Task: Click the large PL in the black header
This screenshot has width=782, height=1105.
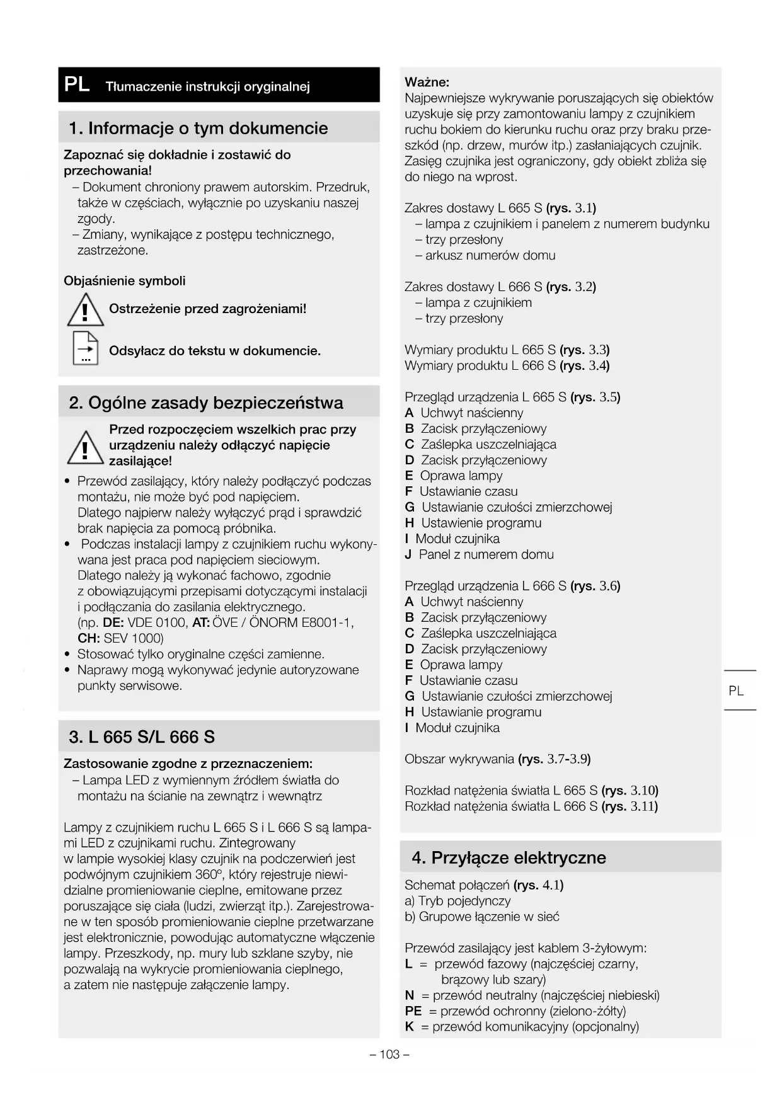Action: pyautogui.click(x=77, y=84)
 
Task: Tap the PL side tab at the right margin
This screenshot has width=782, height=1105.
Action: pyautogui.click(x=736, y=690)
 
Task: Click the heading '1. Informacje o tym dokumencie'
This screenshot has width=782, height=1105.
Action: pyautogui.click(x=198, y=128)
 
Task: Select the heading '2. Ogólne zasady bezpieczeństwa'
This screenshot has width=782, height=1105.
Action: pyautogui.click(x=206, y=403)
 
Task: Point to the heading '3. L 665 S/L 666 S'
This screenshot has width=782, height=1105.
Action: pyautogui.click(x=142, y=736)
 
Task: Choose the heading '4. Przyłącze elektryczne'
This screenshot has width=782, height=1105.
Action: pyautogui.click(x=509, y=857)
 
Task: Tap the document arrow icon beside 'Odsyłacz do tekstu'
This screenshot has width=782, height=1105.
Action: pyautogui.click(x=85, y=348)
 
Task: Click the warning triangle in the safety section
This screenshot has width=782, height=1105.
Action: pyautogui.click(x=85, y=446)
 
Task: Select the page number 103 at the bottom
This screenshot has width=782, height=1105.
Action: pyautogui.click(x=389, y=1054)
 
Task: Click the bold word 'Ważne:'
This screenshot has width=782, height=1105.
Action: pyautogui.click(x=427, y=82)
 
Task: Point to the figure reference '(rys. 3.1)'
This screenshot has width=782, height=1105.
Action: pyautogui.click(x=571, y=208)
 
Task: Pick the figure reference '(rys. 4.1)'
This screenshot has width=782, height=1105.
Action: pyautogui.click(x=538, y=885)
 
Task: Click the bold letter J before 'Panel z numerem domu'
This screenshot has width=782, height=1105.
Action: pyautogui.click(x=408, y=554)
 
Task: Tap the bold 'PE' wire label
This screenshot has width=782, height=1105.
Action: pyautogui.click(x=413, y=1011)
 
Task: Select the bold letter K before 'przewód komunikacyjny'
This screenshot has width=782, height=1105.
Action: pyautogui.click(x=410, y=1027)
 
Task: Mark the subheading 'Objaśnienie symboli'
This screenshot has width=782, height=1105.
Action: pyautogui.click(x=125, y=281)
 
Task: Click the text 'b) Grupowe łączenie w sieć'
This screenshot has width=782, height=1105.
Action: pyautogui.click(x=482, y=917)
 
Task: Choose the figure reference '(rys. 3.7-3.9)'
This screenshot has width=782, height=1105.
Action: pyautogui.click(x=554, y=759)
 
